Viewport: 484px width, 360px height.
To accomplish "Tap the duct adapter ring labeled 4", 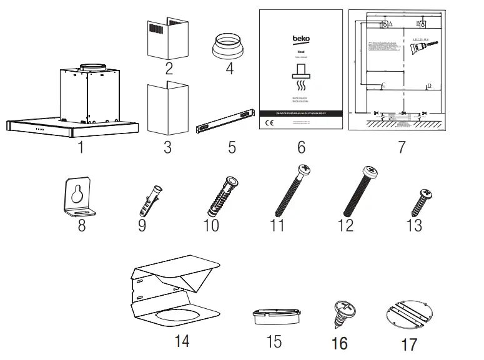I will pyautogui.click(x=230, y=46).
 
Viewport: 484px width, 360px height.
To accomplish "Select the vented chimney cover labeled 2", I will pyautogui.click(x=167, y=37).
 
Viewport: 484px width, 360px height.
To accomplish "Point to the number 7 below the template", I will pyautogui.click(x=400, y=147).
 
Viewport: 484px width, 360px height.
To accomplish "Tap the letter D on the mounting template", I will pyautogui.click(x=429, y=85).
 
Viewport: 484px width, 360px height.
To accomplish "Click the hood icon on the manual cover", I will pyautogui.click(x=300, y=74).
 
